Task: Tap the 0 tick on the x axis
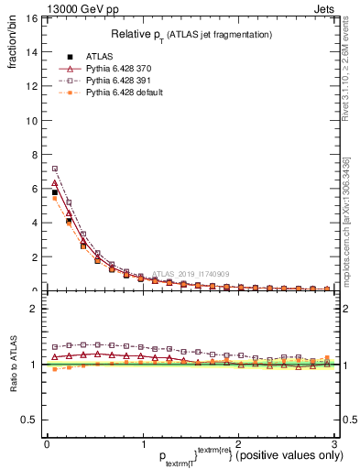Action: click(47, 443)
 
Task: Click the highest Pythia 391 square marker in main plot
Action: click(55, 169)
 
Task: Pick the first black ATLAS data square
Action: click(55, 193)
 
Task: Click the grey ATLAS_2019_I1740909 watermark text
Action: click(193, 273)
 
